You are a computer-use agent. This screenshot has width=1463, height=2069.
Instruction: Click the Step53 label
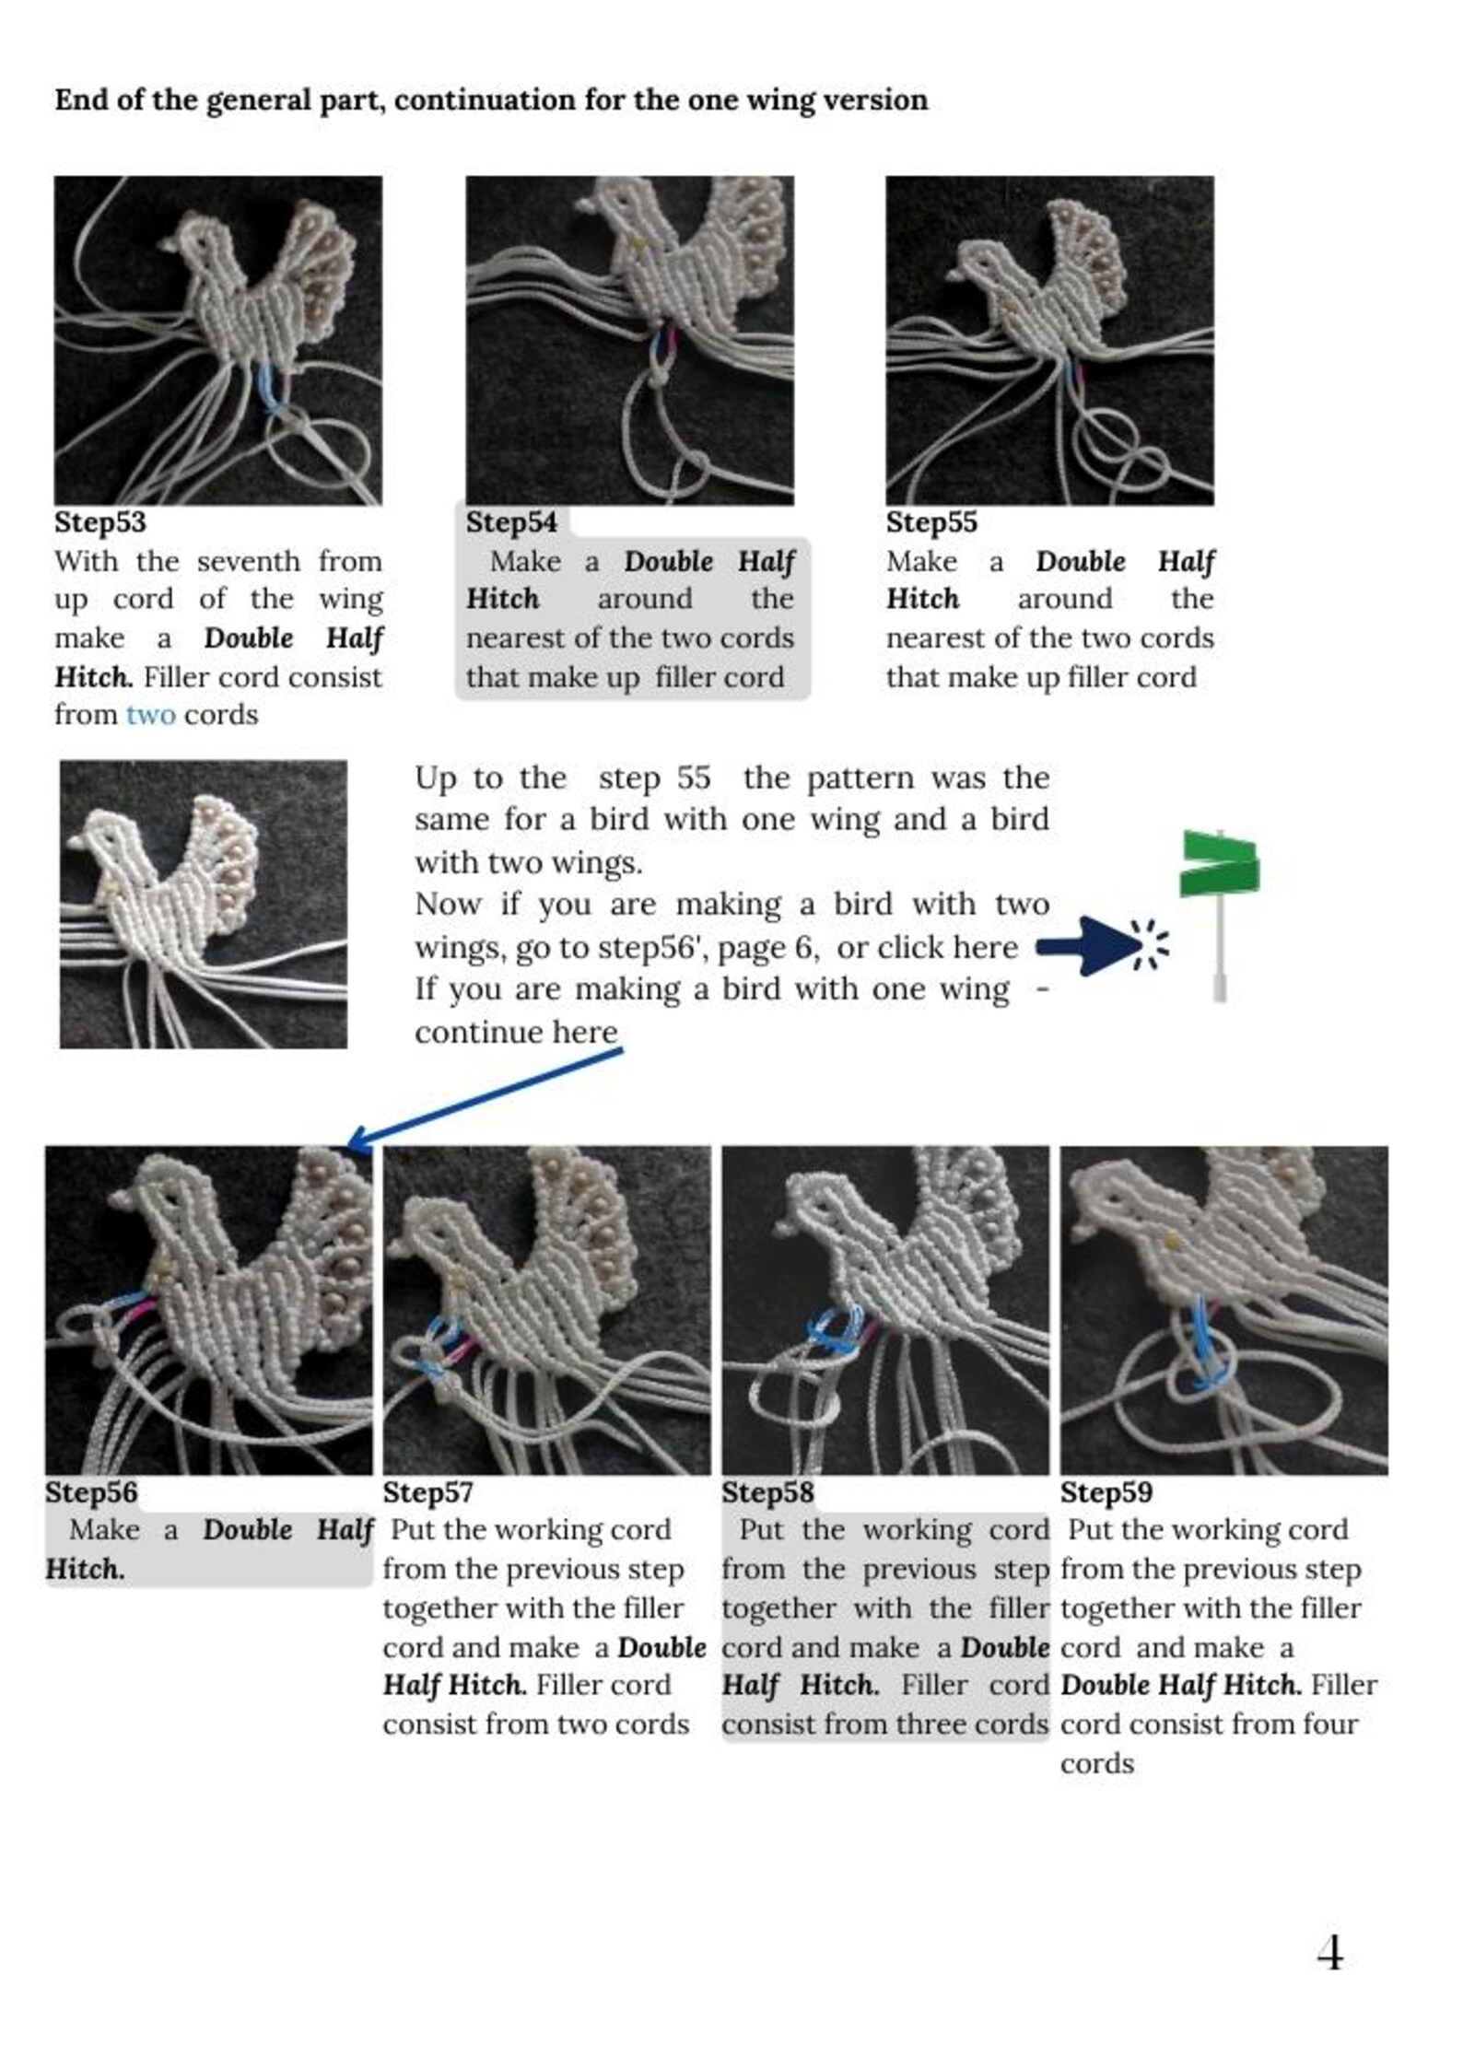(x=99, y=522)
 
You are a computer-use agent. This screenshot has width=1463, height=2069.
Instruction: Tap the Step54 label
(x=511, y=522)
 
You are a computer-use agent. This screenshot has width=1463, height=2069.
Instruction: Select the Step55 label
(x=931, y=522)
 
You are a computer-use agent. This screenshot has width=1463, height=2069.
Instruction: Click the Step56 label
(x=90, y=1492)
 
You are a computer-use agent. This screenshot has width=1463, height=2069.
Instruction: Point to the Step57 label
(x=427, y=1492)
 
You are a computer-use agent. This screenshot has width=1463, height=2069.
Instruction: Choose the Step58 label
(x=767, y=1492)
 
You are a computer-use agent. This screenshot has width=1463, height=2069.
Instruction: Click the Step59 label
(x=1106, y=1492)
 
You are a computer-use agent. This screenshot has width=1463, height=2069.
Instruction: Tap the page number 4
(x=1329, y=1954)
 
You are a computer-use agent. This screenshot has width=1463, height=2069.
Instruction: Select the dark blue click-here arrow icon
(x=1092, y=945)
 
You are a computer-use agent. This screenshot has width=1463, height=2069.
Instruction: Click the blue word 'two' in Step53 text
(x=150, y=715)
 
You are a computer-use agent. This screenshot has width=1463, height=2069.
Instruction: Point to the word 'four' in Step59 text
(x=1329, y=1724)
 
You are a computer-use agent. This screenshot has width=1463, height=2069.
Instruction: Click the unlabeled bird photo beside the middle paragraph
(x=204, y=904)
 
